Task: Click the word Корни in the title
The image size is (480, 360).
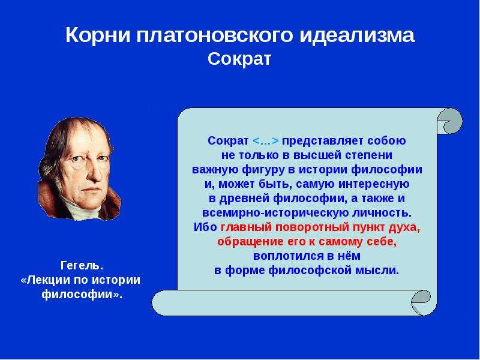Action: tap(98, 35)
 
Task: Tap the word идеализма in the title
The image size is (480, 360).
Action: tap(356, 35)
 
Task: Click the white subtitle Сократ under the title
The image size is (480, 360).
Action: tap(239, 59)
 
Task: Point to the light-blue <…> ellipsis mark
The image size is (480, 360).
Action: tap(265, 141)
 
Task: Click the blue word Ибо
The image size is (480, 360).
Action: tap(205, 227)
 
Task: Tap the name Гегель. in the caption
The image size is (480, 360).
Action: tap(81, 266)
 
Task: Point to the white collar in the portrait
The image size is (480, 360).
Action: tap(82, 208)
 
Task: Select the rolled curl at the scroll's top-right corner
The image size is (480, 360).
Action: tap(449, 121)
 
